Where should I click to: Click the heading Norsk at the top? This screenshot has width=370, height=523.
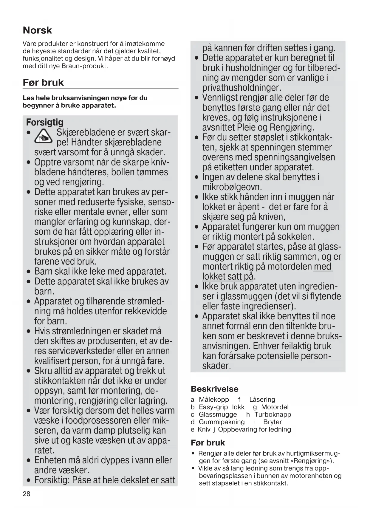37,30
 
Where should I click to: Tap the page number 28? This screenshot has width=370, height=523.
27,494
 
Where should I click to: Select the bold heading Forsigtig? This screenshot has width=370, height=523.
45,122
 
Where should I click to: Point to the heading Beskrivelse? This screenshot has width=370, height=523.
214,389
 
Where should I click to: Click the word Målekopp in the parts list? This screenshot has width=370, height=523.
214,400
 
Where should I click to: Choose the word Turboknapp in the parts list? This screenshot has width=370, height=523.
273,414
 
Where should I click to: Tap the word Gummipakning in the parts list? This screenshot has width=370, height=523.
222,422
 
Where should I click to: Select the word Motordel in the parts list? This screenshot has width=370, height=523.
275,407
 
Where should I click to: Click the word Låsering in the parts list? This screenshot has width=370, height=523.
262,400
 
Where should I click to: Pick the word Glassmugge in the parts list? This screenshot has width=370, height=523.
218,414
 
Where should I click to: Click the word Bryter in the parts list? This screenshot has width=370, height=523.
272,422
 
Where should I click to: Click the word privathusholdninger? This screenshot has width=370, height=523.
241,88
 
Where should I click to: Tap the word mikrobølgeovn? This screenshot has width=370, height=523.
232,187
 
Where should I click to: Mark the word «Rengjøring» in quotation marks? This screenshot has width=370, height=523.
311,461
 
